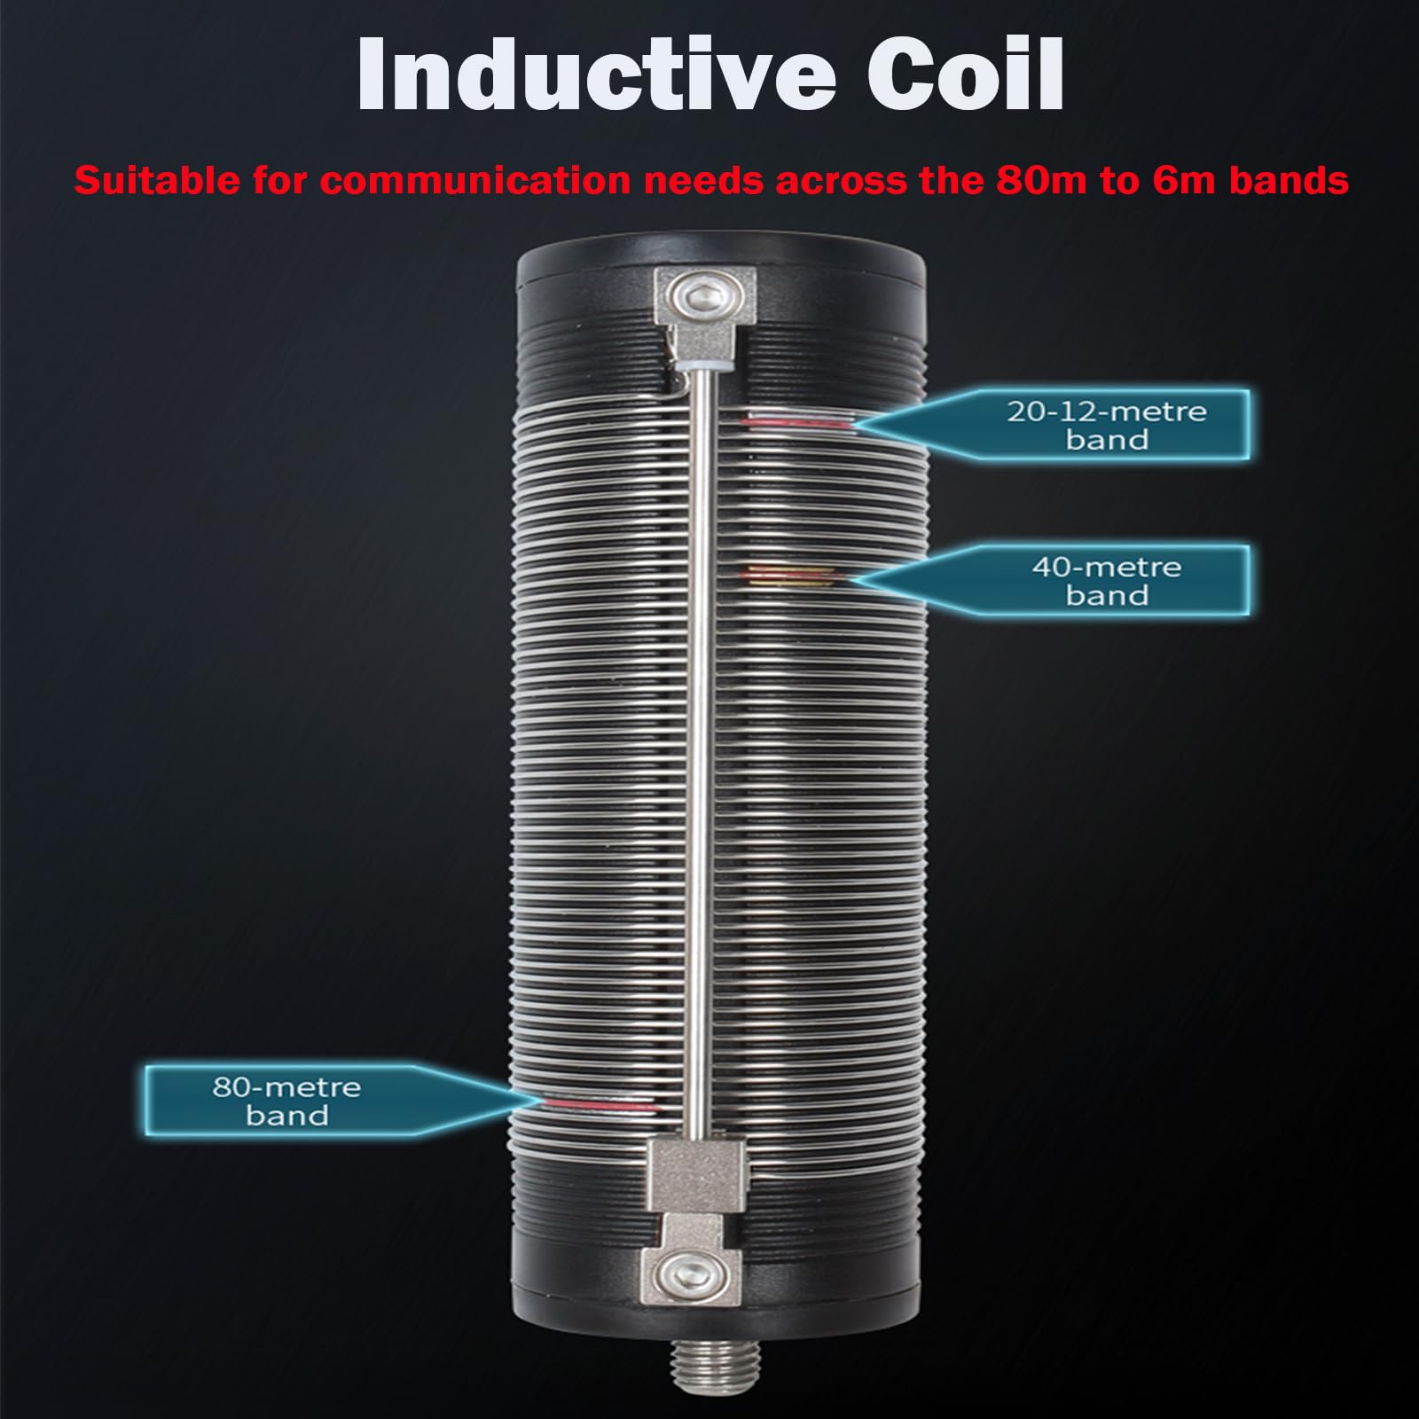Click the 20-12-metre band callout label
pyautogui.click(x=1106, y=426)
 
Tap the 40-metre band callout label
pyautogui.click(x=1106, y=580)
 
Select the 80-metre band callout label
pyautogui.click(x=286, y=1101)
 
